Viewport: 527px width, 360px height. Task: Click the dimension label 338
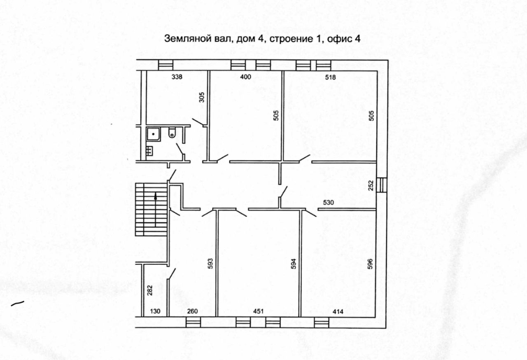(x=177, y=77)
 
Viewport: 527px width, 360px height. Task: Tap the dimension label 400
(x=245, y=77)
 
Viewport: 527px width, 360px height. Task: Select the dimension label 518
(x=331, y=77)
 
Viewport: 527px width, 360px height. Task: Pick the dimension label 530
(x=328, y=202)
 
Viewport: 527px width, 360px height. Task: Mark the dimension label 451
(x=258, y=311)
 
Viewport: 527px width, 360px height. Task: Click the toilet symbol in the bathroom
(x=172, y=133)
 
